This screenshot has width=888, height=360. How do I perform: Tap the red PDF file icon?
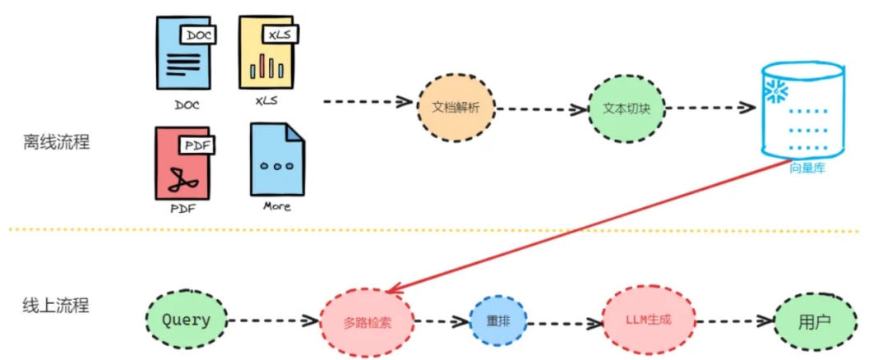click(183, 163)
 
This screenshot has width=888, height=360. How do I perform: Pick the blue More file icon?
click(277, 159)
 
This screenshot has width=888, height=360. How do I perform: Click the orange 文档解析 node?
click(456, 107)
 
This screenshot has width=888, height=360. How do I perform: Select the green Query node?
click(186, 320)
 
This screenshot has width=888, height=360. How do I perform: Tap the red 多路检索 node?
click(367, 321)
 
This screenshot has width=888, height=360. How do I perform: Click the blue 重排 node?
click(497, 322)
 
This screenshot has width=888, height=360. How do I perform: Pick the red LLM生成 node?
click(649, 320)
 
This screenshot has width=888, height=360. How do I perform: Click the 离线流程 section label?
click(56, 141)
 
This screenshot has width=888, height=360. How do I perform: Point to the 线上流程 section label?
click(56, 306)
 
